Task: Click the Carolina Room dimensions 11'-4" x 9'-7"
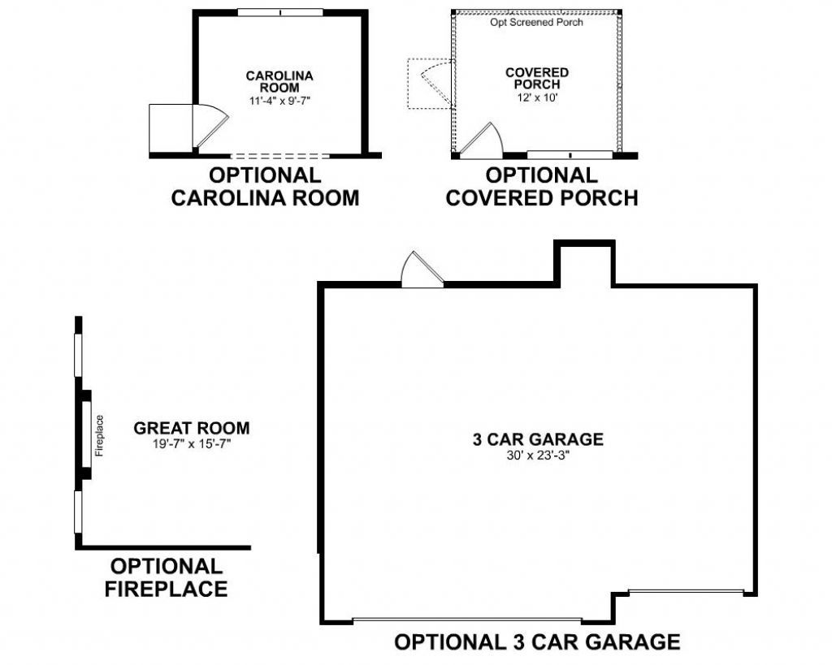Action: point(279,101)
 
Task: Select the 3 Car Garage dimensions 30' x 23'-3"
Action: point(538,455)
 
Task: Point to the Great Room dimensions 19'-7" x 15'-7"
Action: point(192,443)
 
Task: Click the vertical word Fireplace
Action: point(100,436)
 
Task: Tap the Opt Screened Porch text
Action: point(536,22)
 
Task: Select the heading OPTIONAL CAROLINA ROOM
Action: point(265,187)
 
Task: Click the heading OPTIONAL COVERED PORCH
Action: point(541,187)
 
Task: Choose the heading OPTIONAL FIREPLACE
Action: point(167,577)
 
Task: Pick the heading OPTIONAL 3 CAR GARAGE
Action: point(537,642)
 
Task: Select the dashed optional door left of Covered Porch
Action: point(428,84)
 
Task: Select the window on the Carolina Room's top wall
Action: point(279,12)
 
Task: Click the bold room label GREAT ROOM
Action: point(192,428)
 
